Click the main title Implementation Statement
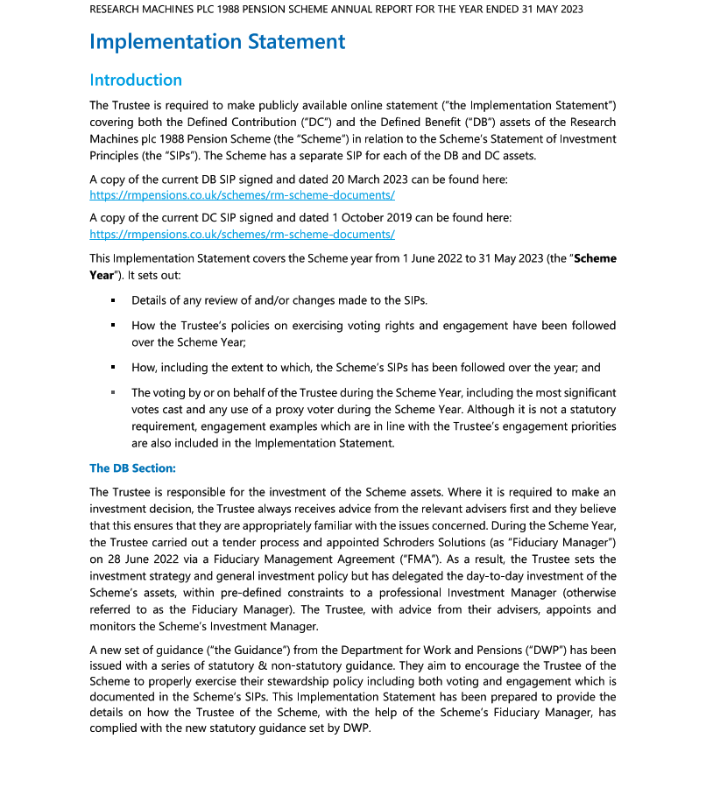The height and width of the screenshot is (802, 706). click(x=217, y=42)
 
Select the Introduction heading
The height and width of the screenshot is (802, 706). click(x=136, y=80)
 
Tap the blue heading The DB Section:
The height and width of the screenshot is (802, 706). click(x=132, y=468)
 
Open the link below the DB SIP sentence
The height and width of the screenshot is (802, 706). click(x=242, y=194)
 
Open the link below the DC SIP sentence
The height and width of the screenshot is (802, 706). click(x=242, y=234)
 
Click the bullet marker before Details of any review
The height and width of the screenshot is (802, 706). click(x=114, y=300)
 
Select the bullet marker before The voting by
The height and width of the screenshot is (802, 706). click(x=114, y=393)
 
